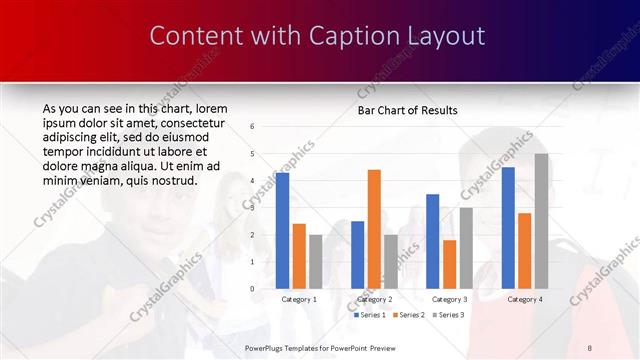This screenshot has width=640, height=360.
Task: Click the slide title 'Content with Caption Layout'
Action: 318,36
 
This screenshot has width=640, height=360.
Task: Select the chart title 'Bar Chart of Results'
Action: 407,110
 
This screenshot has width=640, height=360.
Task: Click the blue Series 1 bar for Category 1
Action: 282,230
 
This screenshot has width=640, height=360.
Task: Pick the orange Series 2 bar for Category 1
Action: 299,255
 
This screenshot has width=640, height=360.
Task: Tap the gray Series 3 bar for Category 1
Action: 315,261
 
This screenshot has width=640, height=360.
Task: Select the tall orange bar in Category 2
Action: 374,228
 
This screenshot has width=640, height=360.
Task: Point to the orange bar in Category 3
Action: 449,263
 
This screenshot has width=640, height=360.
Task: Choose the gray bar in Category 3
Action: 465,247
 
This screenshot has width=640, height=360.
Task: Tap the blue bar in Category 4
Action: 508,227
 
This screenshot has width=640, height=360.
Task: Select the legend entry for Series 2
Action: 409,315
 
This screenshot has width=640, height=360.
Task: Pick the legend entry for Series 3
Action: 449,315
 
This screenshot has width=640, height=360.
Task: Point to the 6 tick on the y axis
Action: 252,126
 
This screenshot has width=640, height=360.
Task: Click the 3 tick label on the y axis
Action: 252,208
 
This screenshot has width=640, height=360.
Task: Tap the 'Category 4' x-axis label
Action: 524,299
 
